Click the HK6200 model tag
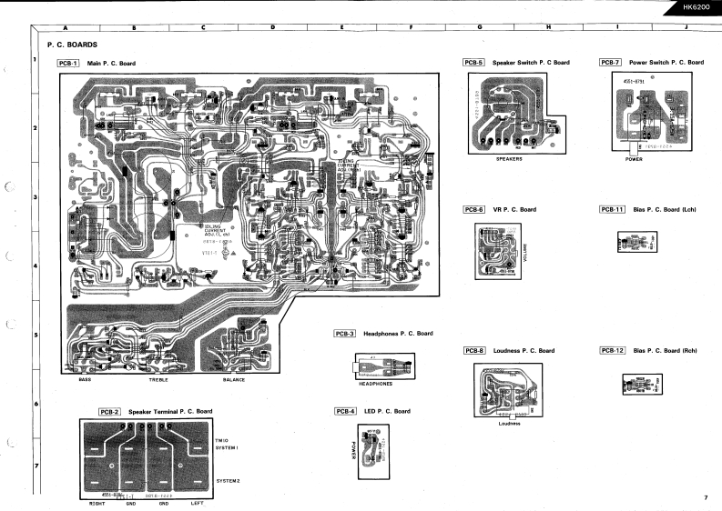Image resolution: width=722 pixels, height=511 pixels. (x=696, y=7)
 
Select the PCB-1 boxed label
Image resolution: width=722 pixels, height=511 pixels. (x=67, y=64)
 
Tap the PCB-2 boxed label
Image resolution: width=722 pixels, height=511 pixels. (x=109, y=412)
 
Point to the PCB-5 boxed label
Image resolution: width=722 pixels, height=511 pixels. (x=473, y=63)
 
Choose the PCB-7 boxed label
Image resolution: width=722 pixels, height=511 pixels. (x=610, y=63)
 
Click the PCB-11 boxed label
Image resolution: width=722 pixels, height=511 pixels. (x=612, y=209)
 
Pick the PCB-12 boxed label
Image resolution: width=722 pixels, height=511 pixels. (x=612, y=350)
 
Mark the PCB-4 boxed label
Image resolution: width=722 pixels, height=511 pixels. (x=345, y=412)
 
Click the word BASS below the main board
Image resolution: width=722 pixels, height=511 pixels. (x=85, y=380)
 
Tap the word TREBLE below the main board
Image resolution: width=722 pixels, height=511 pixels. (x=158, y=380)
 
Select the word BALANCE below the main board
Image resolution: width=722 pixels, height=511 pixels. (x=234, y=380)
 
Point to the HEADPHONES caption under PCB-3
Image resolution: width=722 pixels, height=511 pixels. (x=376, y=384)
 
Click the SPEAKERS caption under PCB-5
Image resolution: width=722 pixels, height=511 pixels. (x=509, y=158)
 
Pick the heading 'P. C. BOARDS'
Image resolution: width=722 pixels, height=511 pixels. (x=72, y=44)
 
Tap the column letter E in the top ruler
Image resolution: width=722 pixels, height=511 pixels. (x=341, y=28)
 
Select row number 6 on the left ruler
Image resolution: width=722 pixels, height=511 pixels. (x=35, y=403)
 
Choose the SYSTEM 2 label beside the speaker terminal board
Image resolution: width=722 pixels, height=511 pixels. (x=227, y=480)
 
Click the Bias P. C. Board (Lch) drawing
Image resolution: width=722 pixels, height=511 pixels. (x=636, y=241)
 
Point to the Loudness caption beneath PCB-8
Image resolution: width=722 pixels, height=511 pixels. (x=509, y=423)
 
